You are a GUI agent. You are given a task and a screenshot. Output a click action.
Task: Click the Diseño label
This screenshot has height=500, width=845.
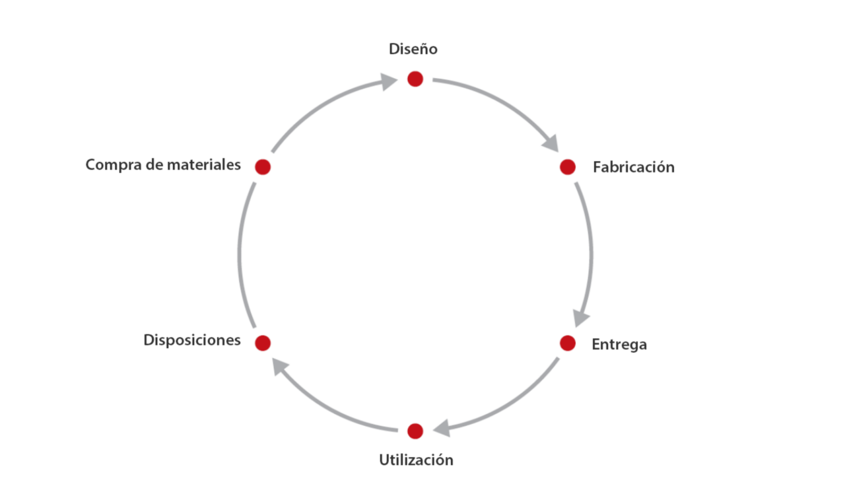[x=413, y=49]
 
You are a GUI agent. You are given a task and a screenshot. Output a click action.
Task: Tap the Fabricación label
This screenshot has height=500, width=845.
[x=633, y=167]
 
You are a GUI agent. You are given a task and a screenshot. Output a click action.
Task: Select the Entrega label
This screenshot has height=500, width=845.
[x=619, y=344]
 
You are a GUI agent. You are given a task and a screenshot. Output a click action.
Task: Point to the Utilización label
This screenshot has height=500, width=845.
[x=416, y=460]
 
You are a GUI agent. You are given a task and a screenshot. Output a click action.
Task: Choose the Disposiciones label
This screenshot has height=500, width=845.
[x=191, y=340]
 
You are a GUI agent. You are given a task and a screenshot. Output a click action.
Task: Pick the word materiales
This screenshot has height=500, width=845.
[x=203, y=164]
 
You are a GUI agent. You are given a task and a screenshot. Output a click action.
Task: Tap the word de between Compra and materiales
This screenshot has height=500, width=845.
[x=154, y=164]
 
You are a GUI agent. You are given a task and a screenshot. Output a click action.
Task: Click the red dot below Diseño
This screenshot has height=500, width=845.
[x=415, y=79]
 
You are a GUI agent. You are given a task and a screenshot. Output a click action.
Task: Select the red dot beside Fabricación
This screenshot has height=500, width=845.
[x=567, y=167]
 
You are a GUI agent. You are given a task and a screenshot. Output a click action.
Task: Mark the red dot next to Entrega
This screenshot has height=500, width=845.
[x=567, y=343]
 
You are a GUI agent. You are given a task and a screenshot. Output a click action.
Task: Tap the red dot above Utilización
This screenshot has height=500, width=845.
[x=415, y=431]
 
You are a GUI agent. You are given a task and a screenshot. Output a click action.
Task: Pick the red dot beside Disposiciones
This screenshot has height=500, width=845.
[x=263, y=343]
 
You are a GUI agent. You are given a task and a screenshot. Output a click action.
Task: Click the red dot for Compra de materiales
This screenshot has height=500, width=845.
[x=263, y=167]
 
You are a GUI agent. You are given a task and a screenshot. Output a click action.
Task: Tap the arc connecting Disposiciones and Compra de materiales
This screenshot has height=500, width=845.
[x=240, y=254]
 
